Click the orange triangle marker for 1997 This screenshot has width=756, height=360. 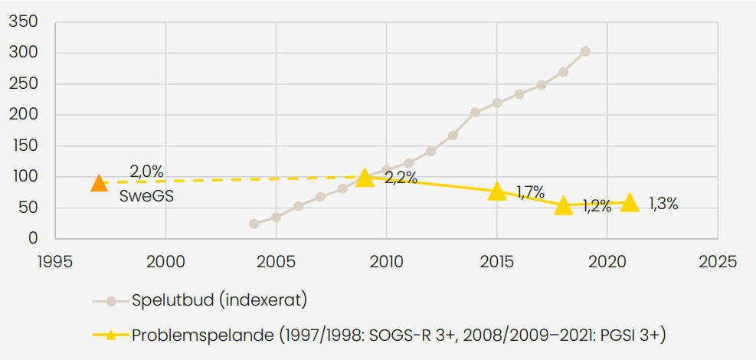tap(99, 183)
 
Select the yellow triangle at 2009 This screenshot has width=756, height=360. tap(365, 178)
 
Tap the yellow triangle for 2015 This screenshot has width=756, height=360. tap(497, 191)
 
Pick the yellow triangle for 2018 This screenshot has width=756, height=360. tap(564, 205)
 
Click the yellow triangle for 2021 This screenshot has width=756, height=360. tap(630, 202)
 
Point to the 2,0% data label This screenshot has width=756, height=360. tap(146, 172)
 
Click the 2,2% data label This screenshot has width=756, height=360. tap(401, 178)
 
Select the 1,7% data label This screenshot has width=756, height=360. tap(530, 191)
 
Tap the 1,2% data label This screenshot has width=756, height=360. tap(597, 206)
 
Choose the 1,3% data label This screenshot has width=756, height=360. tap(663, 204)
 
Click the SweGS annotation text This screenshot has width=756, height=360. tap(146, 196)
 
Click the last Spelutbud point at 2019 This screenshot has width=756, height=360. tap(585, 51)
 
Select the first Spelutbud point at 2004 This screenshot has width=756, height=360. tap(254, 224)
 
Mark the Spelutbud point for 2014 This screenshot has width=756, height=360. tap(475, 113)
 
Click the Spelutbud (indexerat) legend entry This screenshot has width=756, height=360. tap(219, 300)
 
